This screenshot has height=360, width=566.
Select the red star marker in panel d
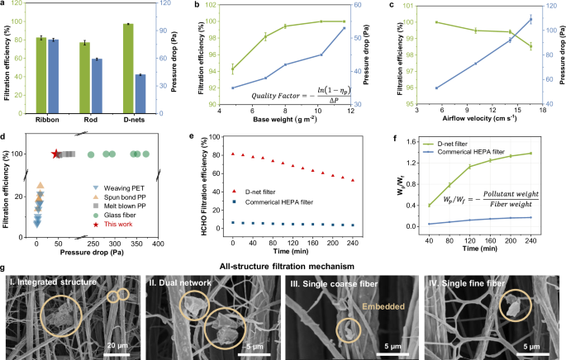coord(56,154)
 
